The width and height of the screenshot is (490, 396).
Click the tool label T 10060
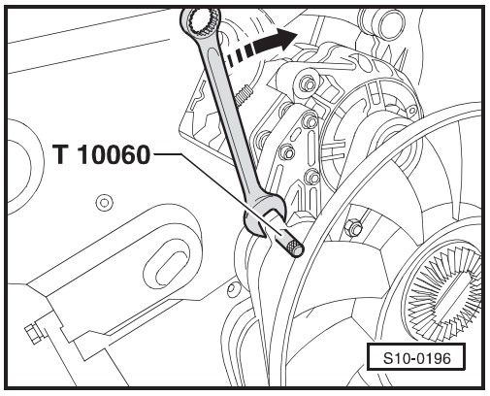pyautogui.click(x=102, y=154)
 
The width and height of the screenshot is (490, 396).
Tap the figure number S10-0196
pyautogui.click(x=416, y=358)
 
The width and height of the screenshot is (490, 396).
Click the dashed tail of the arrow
pyautogui.click(x=239, y=54)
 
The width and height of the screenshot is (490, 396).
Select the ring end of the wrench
pyautogui.click(x=200, y=22)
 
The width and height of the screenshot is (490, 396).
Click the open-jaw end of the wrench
pyautogui.click(x=263, y=216)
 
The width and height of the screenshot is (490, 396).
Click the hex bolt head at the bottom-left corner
pyautogui.click(x=32, y=334)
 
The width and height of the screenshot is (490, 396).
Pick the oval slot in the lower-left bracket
pyautogui.click(x=167, y=265)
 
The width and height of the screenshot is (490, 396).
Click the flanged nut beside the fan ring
pyautogui.click(x=354, y=228)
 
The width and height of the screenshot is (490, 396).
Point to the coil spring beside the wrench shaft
pyautogui.click(x=244, y=94)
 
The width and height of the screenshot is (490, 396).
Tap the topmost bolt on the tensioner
pyautogui.click(x=308, y=84)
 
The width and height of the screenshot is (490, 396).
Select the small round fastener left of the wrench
pyautogui.click(x=104, y=203)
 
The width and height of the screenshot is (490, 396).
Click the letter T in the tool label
pyautogui.click(x=60, y=154)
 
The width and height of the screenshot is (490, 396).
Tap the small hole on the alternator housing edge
pyautogui.click(x=412, y=111)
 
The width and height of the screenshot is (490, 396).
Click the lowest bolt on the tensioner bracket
pyautogui.click(x=311, y=178)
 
